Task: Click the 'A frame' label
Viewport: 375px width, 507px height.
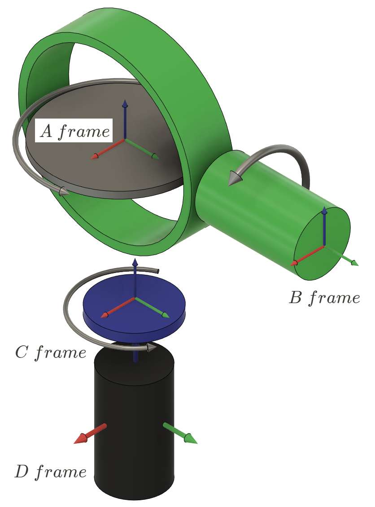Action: pyautogui.click(x=74, y=131)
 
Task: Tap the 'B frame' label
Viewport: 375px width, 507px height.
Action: pyautogui.click(x=324, y=298)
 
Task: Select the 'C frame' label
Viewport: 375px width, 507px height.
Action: pyautogui.click(x=50, y=353)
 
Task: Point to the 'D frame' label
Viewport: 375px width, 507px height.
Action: pyautogui.click(x=50, y=472)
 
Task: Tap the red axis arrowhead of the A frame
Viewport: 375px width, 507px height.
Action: pyautogui.click(x=95, y=156)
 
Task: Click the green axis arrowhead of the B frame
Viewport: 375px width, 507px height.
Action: pyautogui.click(x=354, y=263)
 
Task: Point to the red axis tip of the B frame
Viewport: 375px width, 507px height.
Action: pyautogui.click(x=295, y=263)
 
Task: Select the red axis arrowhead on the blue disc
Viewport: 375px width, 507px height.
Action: pyautogui.click(x=105, y=315)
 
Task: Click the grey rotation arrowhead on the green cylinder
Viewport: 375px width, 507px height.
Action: pyautogui.click(x=234, y=178)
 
